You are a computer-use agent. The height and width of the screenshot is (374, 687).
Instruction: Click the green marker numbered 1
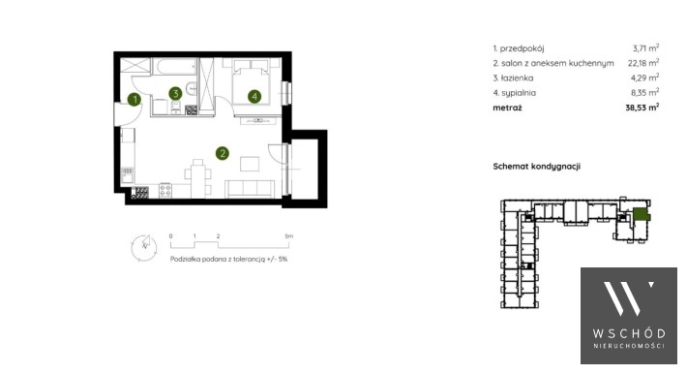134,100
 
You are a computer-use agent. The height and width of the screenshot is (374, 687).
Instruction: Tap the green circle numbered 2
223,153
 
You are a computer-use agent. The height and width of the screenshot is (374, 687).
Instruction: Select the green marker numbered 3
175,93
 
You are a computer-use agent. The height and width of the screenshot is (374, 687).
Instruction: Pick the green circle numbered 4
254,97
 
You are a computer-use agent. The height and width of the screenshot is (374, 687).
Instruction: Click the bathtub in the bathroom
175,67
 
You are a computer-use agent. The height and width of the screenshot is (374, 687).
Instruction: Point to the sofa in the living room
250,189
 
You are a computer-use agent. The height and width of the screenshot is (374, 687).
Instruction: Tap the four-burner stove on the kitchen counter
165,191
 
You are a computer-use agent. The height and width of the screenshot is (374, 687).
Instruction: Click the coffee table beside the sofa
250,164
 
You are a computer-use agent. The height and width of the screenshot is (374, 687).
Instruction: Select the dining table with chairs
198,178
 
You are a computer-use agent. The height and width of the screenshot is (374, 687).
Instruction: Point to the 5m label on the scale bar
288,236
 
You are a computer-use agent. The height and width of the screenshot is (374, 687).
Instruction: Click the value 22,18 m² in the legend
643,63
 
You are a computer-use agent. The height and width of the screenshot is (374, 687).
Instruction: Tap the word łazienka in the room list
517,78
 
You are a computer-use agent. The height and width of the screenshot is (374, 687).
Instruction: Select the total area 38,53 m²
642,108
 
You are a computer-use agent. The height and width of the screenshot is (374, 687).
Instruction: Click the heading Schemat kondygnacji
537,167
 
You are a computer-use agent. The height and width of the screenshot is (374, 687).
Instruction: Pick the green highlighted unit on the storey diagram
641,214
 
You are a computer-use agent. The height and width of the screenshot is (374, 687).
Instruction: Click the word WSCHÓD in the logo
629,333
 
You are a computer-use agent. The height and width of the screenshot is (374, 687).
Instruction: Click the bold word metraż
507,108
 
